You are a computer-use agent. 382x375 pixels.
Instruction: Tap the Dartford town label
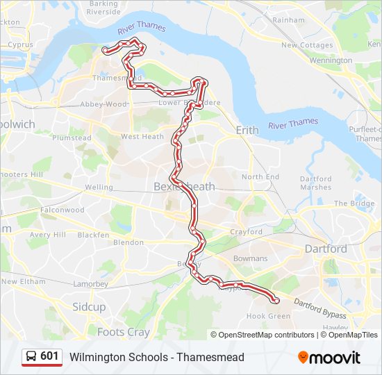(x=326, y=249)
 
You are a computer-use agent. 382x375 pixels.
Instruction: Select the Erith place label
(x=247, y=130)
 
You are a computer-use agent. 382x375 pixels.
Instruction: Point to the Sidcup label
(x=89, y=306)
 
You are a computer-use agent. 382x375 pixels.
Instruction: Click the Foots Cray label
(x=123, y=332)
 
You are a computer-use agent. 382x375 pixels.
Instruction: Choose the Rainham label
(x=288, y=20)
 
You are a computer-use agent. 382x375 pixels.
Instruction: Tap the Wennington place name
(x=331, y=60)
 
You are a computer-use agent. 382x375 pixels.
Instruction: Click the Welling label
(x=99, y=187)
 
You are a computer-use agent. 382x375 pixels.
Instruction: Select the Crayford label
(x=247, y=232)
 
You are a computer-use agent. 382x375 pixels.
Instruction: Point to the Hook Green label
(x=268, y=316)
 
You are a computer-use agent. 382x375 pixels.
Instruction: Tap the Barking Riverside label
(x=103, y=8)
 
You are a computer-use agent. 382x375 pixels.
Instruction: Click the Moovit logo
(x=329, y=358)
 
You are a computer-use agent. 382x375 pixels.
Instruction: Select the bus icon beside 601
(x=31, y=356)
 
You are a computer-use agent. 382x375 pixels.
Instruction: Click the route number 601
(x=49, y=356)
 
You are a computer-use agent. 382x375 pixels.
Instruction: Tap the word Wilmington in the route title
(x=95, y=358)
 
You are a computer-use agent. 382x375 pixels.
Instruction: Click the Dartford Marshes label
(x=315, y=183)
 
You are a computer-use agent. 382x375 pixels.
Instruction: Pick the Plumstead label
(x=72, y=137)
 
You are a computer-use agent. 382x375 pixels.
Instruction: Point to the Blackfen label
(x=93, y=235)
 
